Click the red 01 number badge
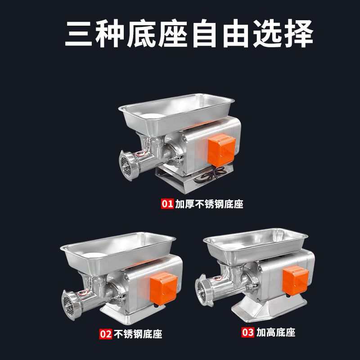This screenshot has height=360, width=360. (x=167, y=204)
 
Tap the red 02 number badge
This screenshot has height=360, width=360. (x=106, y=334)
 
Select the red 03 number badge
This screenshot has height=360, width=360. (x=248, y=332)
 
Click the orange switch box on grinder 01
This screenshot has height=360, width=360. (x=221, y=150)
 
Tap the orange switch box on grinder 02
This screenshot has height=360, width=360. (x=163, y=288)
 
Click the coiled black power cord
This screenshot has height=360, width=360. (x=209, y=175)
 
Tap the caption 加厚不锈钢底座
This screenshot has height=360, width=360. (x=209, y=204)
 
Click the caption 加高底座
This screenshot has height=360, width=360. (x=276, y=332)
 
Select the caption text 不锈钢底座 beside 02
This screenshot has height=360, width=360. (x=138, y=334)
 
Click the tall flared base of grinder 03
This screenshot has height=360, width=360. (x=269, y=308)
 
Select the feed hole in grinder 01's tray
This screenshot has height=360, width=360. (x=153, y=116)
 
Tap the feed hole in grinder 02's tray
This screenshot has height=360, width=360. (x=94, y=255)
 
